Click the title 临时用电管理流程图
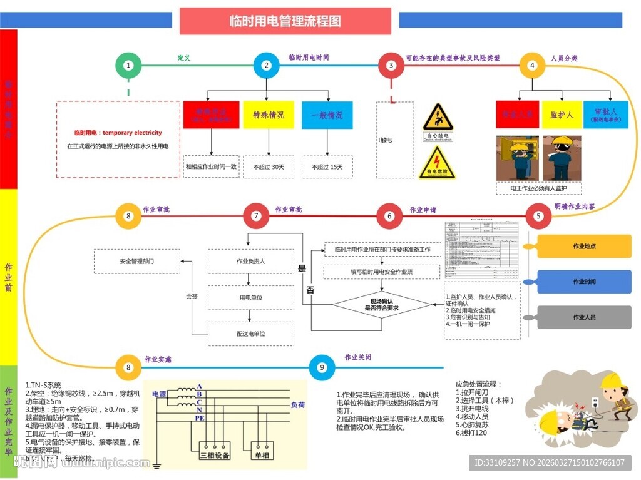tap(285, 21)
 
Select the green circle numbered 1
tap(128, 65)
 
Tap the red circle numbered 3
tap(391, 65)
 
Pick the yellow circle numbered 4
tap(532, 65)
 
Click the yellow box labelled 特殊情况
tap(269, 115)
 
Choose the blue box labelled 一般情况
tap(327, 115)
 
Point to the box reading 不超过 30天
tap(269, 167)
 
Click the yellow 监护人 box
tap(562, 115)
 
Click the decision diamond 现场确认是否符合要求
tap(382, 305)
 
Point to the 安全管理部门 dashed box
tap(136, 261)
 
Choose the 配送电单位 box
tap(250, 334)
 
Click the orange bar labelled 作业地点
tap(584, 247)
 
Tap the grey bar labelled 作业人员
tap(584, 317)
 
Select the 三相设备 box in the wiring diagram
tap(215, 456)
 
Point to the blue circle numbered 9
tap(322, 367)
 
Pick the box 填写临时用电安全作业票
tap(382, 272)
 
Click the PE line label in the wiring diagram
tap(200, 417)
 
